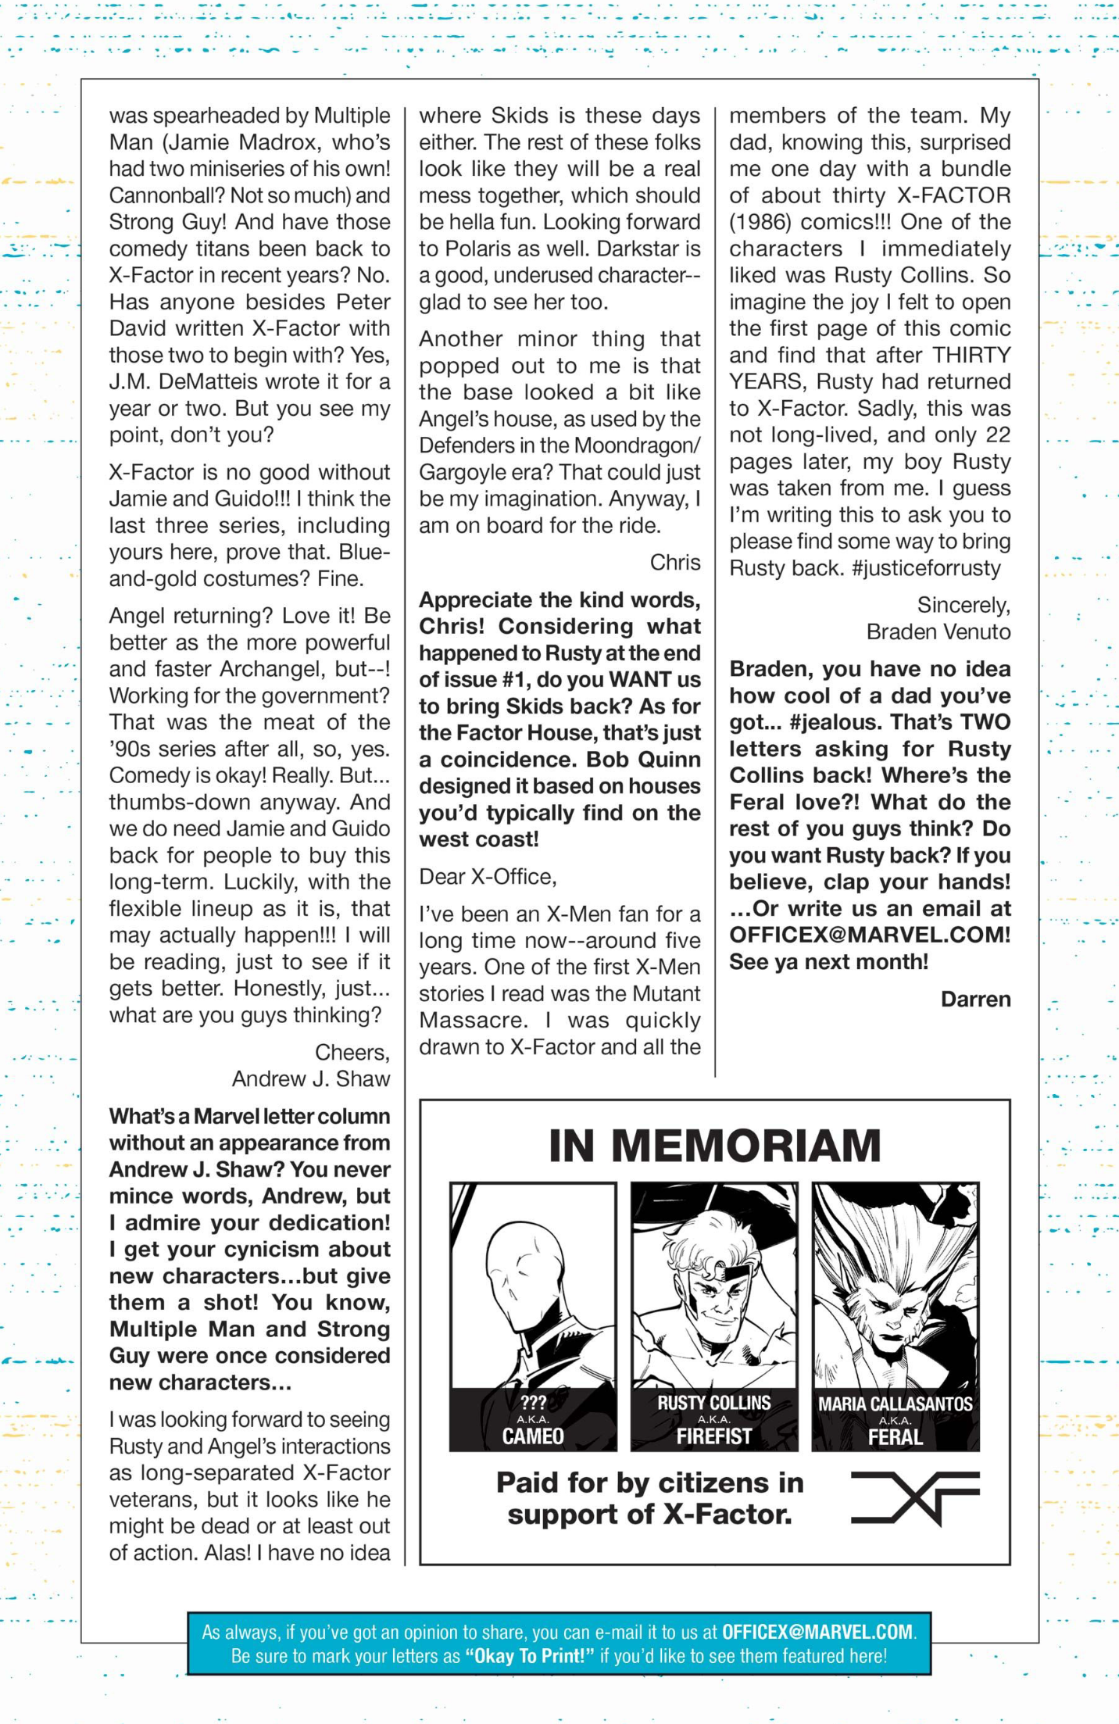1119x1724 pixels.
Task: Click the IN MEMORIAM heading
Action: pos(714,1146)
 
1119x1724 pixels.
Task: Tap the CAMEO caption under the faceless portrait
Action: pos(533,1436)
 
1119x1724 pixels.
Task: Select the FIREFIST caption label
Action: pos(714,1436)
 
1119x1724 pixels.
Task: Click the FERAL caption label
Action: pos(896,1436)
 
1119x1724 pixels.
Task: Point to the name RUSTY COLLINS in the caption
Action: pos(714,1403)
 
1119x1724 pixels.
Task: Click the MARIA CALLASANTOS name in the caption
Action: pos(896,1404)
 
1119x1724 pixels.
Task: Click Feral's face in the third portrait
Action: pos(891,1321)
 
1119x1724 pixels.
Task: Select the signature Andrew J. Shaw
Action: pos(310,1078)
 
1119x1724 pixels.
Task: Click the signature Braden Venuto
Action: pos(938,631)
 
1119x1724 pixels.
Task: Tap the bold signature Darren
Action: pos(975,999)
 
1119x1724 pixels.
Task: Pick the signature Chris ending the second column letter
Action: pos(675,562)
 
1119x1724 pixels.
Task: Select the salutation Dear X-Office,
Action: pos(488,877)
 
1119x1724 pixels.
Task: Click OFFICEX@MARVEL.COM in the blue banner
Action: pos(817,1632)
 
